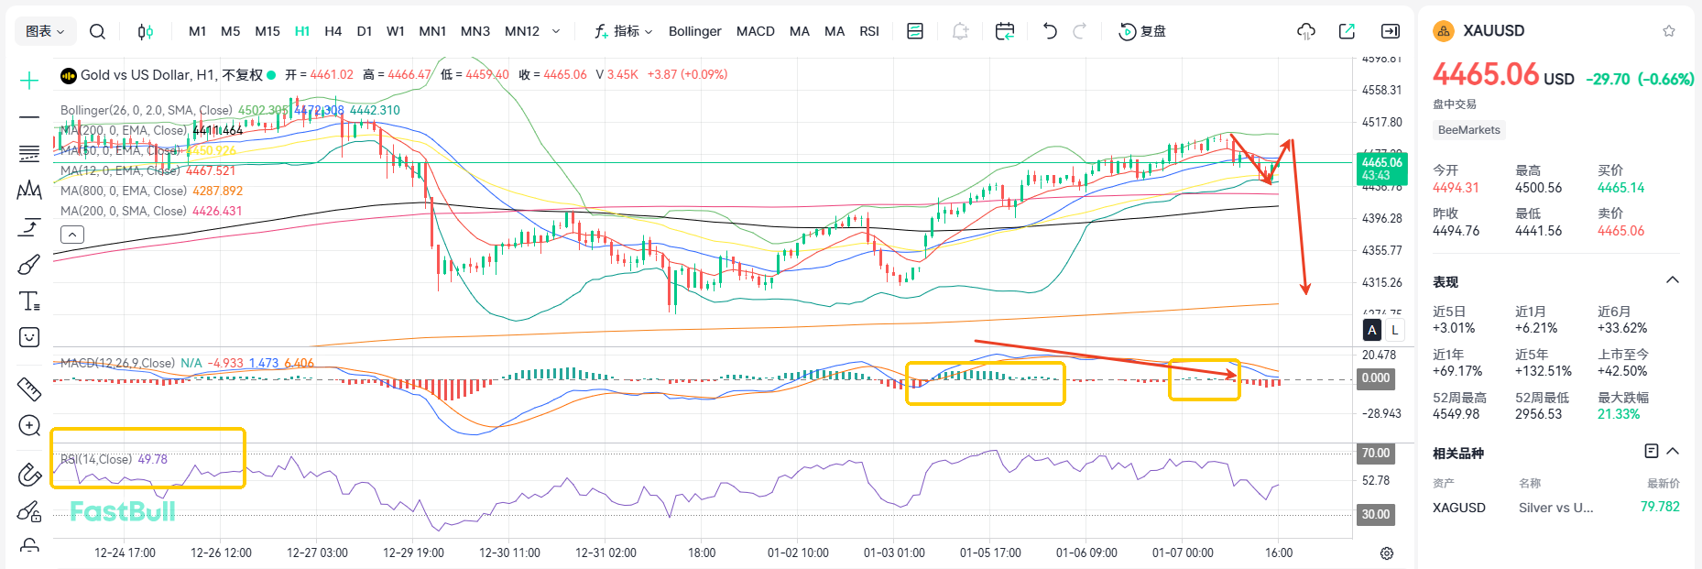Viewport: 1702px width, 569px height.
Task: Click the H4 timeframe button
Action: pos(333,31)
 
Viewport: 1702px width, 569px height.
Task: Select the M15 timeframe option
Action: pos(267,31)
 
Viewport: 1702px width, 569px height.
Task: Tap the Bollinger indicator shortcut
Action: pos(694,31)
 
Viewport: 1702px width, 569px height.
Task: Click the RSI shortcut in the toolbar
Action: pos(868,31)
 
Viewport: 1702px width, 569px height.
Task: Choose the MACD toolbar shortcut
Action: pos(755,31)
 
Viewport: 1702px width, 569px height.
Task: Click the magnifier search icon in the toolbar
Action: pos(97,31)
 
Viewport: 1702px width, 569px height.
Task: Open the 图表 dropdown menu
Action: pos(45,31)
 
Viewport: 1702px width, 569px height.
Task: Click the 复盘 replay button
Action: pos(1142,31)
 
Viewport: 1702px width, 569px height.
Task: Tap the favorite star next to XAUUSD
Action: pos(1669,31)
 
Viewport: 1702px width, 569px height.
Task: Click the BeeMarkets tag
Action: pos(1468,130)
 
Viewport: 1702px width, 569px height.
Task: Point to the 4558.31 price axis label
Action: pos(1381,90)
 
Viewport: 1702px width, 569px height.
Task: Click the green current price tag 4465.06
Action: pos(1381,169)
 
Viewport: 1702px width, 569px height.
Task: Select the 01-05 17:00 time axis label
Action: pos(990,553)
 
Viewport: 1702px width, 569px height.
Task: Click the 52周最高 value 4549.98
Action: pos(1456,414)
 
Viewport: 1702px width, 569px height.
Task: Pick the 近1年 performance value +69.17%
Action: pos(1457,371)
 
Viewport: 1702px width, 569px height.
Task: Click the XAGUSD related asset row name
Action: pos(1458,508)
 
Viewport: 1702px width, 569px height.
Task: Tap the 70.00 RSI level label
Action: pos(1375,453)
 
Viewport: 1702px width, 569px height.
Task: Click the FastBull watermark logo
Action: pos(123,511)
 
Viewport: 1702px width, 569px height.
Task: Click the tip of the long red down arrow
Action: pos(1305,293)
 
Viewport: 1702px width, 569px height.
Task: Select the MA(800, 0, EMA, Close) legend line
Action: pos(151,191)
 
